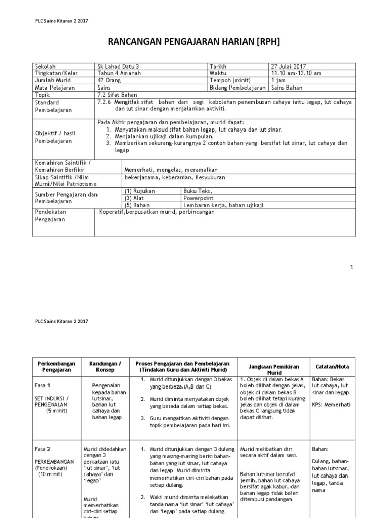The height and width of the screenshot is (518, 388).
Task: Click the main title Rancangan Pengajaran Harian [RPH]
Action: tap(195, 41)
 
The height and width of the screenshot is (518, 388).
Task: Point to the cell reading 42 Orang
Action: tap(110, 80)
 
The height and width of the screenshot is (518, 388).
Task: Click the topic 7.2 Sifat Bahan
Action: tap(116, 95)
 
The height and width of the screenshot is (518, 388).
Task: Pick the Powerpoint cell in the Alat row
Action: tap(199, 198)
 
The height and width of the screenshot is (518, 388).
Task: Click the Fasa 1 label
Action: tap(43, 385)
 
